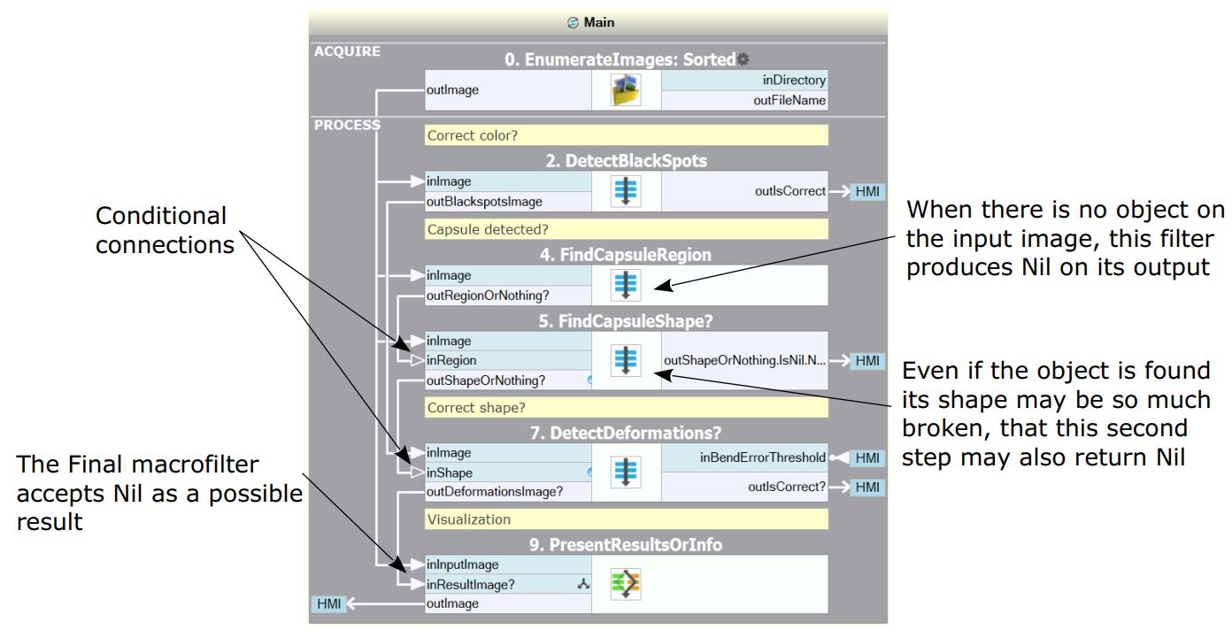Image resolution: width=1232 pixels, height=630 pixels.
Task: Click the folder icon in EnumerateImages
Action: [626, 90]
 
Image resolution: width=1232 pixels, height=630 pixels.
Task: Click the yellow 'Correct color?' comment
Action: [626, 135]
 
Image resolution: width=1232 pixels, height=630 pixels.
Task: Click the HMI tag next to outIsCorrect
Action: [867, 191]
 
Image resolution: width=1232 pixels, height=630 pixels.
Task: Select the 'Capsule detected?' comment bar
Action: [626, 229]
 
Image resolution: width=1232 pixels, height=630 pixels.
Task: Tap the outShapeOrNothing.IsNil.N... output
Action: [744, 360]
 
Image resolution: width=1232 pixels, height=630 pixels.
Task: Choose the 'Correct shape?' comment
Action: [626, 408]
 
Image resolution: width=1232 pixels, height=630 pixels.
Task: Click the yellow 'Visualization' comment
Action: [626, 519]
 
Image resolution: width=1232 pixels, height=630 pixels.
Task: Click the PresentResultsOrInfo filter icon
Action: [626, 584]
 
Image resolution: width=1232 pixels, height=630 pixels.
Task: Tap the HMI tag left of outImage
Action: [328, 603]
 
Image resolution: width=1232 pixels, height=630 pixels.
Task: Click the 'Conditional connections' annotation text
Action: [161, 230]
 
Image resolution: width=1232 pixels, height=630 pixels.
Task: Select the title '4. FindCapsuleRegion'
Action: [626, 255]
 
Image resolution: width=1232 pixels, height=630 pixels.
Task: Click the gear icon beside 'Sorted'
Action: [743, 59]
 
